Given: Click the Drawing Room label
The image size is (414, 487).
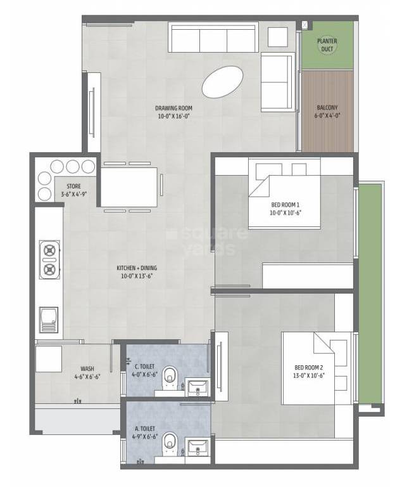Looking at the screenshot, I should point(173,112).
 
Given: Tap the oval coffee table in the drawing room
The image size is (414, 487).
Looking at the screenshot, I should point(222,82).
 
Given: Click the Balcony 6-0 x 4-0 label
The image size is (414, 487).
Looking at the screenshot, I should point(327,112).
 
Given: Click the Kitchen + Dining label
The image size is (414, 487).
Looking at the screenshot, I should point(136,271).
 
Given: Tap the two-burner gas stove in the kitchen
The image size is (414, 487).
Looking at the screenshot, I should point(48,259).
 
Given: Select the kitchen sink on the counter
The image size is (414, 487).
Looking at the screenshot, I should point(49,319).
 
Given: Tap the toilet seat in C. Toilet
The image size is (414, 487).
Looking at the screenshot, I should point(170,378).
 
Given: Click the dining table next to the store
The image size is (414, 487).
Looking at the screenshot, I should point(129,186).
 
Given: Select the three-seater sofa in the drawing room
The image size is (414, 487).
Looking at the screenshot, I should point(213,38).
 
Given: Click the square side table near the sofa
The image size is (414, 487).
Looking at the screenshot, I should point(277,37).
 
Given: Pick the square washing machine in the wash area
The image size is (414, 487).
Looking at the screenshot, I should point(49,359).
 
